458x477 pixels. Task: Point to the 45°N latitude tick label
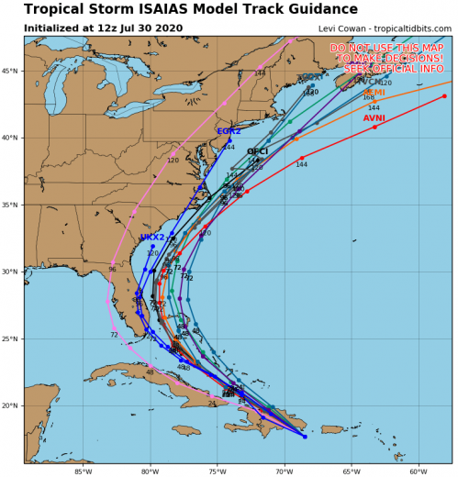click(x=12, y=72)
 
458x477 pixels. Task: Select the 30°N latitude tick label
click(x=12, y=272)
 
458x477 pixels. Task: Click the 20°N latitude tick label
click(x=12, y=405)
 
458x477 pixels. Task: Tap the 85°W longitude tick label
click(x=83, y=471)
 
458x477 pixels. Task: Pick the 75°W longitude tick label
click(x=217, y=471)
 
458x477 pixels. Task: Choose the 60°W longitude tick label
click(x=418, y=471)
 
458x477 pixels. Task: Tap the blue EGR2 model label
click(x=229, y=131)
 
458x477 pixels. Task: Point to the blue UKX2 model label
click(x=152, y=238)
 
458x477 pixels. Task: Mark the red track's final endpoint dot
click(x=444, y=95)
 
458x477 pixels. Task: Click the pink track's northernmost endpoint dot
click(x=291, y=41)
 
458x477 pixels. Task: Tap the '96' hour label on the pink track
click(x=112, y=295)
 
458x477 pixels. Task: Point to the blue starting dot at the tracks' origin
click(x=305, y=437)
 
